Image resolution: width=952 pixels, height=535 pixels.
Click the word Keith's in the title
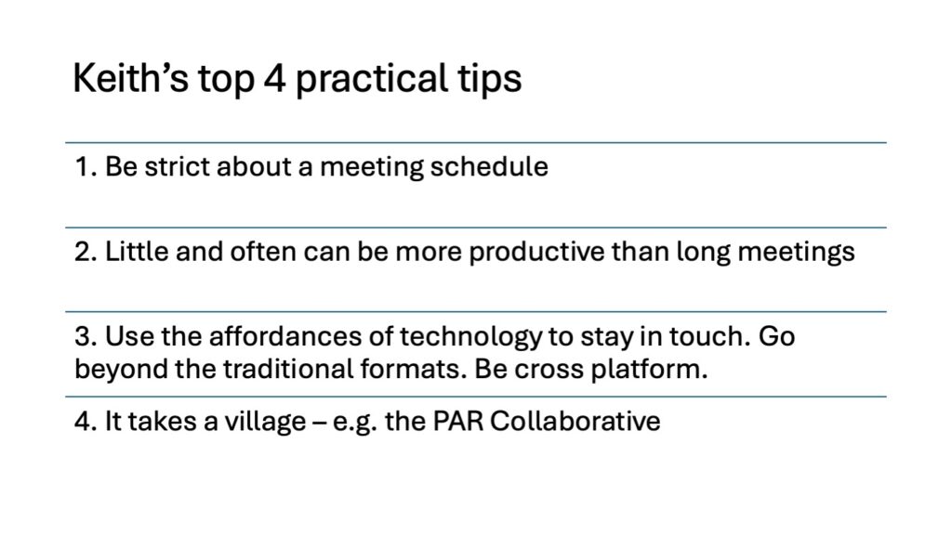click(x=130, y=78)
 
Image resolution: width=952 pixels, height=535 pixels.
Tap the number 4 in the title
click(x=274, y=78)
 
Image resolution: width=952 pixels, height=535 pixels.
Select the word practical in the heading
click(x=368, y=80)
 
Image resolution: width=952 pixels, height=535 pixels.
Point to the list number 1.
click(x=86, y=167)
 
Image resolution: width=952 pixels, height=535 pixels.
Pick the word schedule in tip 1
click(x=489, y=167)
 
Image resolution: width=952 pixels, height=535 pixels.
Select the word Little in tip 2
click(x=138, y=251)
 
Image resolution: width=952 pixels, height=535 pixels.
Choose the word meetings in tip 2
click(x=796, y=253)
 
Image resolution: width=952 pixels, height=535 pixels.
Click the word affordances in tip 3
click(x=285, y=336)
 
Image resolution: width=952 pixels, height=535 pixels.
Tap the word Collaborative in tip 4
click(x=575, y=421)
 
